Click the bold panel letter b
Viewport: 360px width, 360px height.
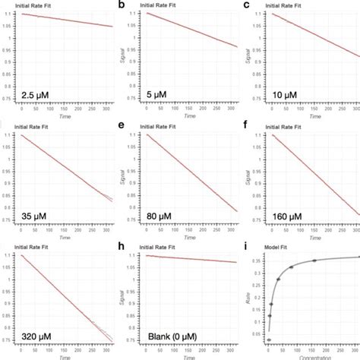pos(124,5)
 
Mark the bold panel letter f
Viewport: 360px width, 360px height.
pos(245,125)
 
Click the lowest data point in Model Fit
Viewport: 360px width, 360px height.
pos(268,339)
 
